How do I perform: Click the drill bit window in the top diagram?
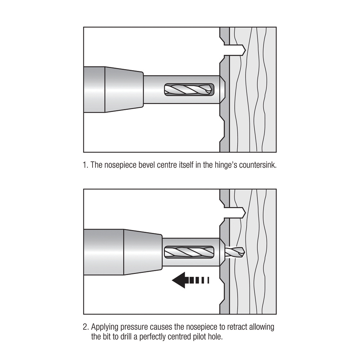tap(189, 90)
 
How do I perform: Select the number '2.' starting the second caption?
tap(86, 327)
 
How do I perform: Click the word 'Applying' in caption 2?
tap(104, 327)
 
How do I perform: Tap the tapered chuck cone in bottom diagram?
tap(143, 252)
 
